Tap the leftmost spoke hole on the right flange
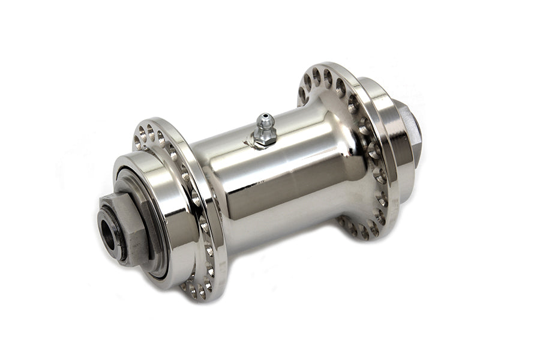coord(302,93)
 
